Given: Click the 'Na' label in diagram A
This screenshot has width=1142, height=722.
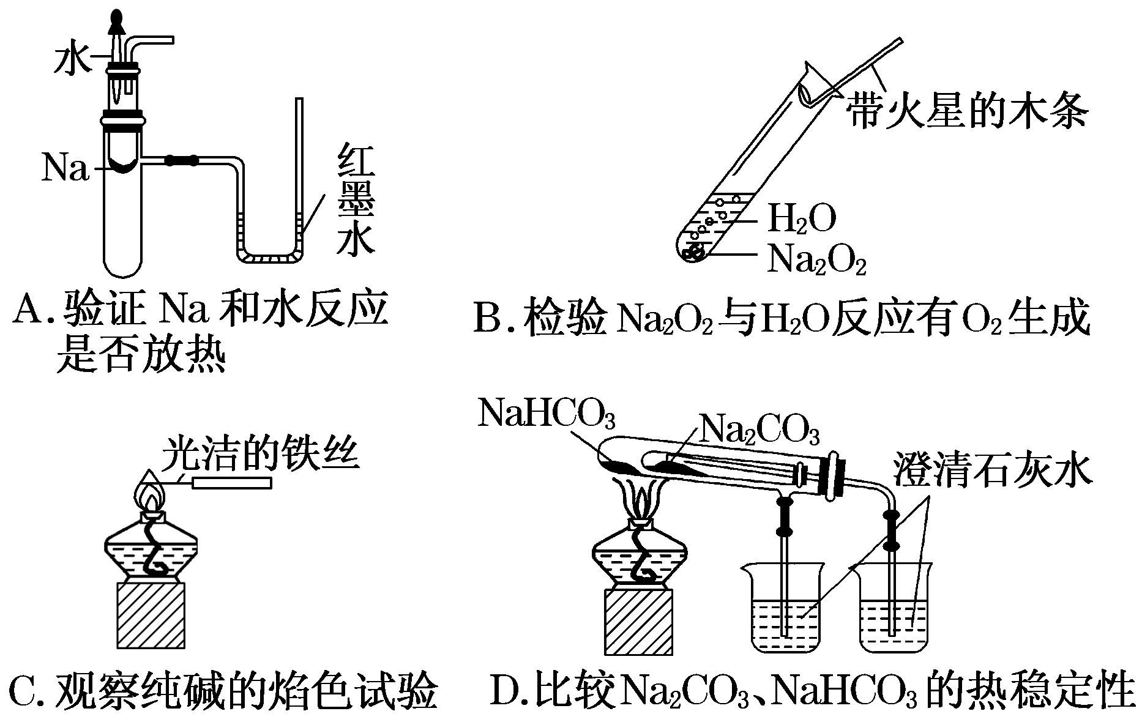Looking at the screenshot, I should pos(65,168).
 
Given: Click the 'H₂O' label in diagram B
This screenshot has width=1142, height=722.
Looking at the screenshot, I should pos(801,218).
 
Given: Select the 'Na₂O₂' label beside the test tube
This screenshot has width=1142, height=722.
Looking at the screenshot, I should pos(816,259).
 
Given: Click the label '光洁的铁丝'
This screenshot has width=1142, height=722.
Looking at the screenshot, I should pos(260,453).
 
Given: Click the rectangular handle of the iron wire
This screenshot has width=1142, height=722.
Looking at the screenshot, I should pos(232,483).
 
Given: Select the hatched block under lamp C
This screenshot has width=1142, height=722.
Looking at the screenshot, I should pos(151,614).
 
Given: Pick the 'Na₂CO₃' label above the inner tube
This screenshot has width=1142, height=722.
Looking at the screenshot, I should pos(758,429).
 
